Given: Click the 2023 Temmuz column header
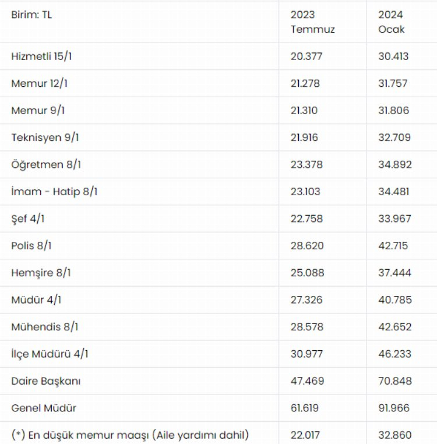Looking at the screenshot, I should [x=312, y=22].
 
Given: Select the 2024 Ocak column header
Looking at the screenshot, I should [x=391, y=22].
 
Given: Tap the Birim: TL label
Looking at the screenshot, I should [x=31, y=15].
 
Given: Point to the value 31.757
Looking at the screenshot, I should [x=393, y=83].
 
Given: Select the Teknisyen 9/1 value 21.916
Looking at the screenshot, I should [x=306, y=138].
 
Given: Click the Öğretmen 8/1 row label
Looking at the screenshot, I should [x=46, y=164].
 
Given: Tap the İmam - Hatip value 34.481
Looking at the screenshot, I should [x=394, y=191].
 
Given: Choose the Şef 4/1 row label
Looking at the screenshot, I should [x=29, y=219].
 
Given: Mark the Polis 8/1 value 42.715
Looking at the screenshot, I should [x=393, y=245].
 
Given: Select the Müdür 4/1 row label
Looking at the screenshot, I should [x=36, y=299].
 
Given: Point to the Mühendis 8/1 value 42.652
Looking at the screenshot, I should [x=394, y=327].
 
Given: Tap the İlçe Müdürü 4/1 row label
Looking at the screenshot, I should [x=50, y=354].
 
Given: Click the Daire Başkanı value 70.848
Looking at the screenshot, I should [x=394, y=381].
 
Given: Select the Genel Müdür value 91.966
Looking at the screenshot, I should [x=394, y=408].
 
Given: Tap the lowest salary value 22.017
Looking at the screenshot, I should [x=306, y=435].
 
